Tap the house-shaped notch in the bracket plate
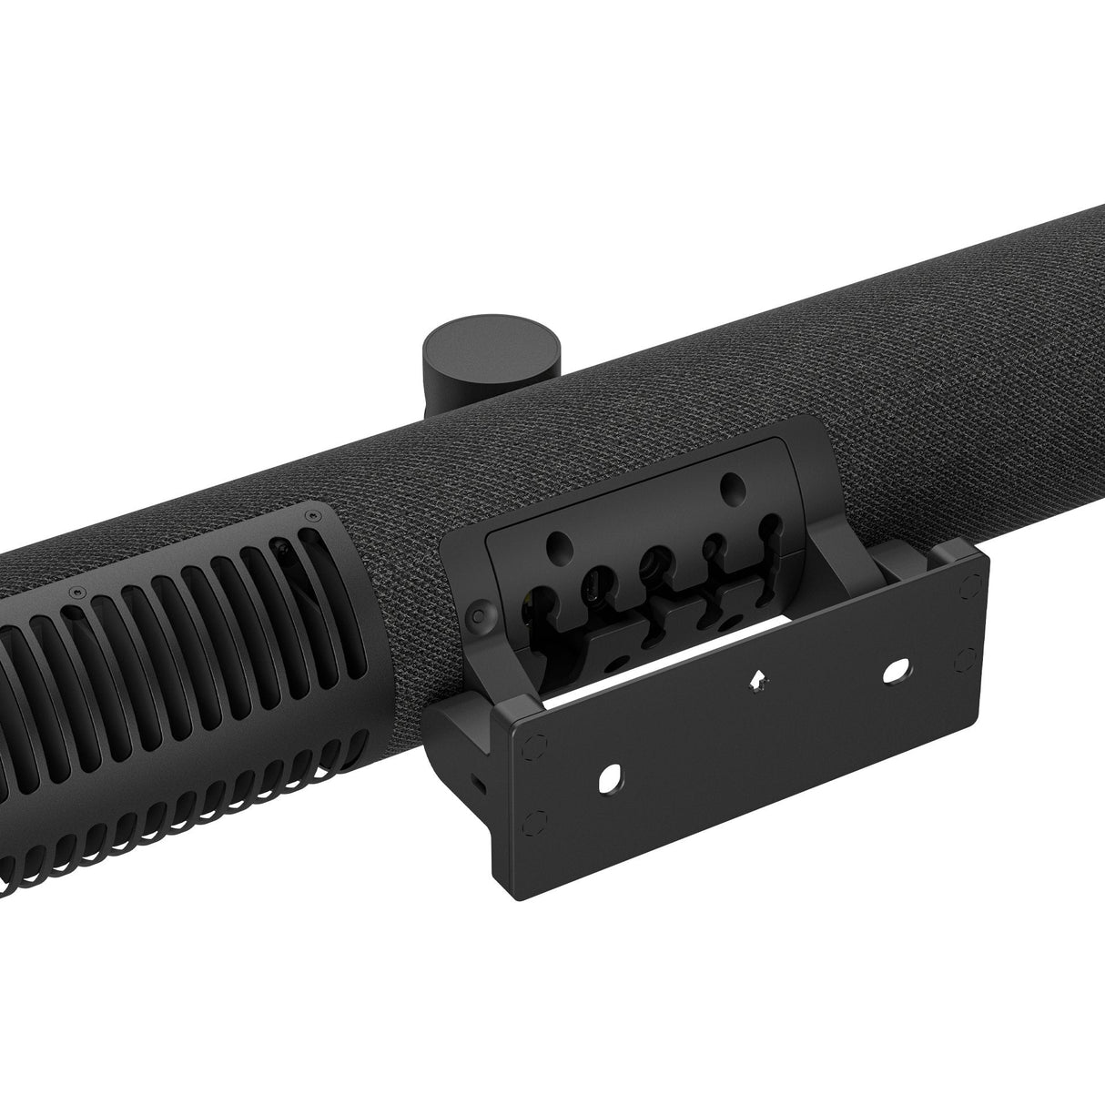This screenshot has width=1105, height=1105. click(x=755, y=679)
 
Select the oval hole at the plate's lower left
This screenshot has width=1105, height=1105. click(x=611, y=776)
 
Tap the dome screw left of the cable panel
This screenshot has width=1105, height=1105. click(x=476, y=615)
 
